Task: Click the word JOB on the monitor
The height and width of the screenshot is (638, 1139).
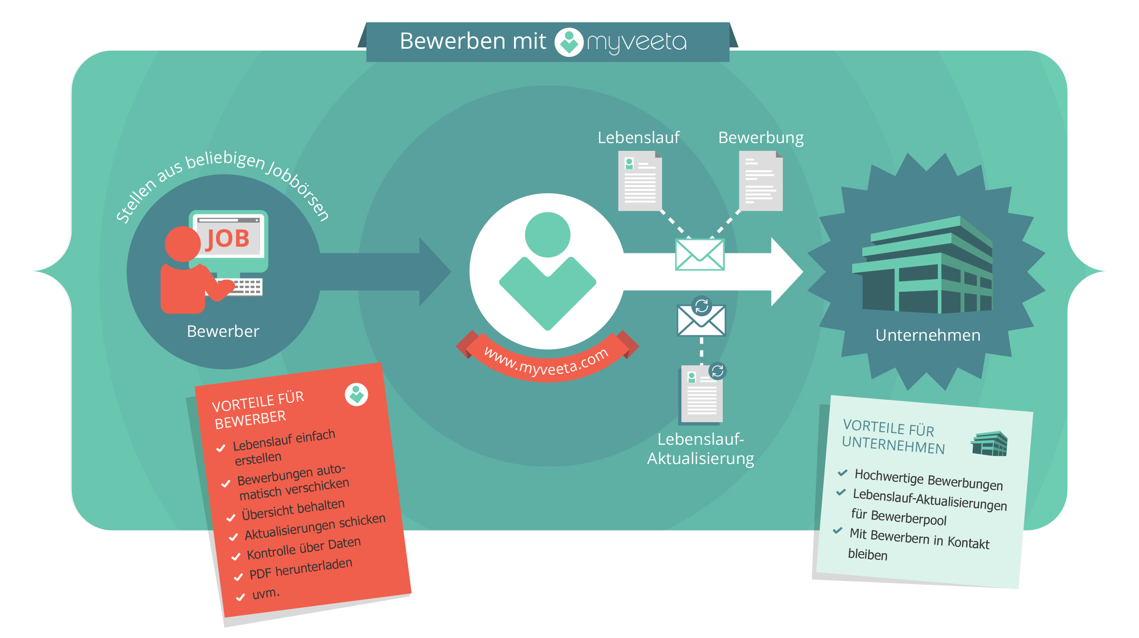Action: coord(228,239)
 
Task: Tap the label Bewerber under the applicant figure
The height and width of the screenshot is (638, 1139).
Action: coord(223,332)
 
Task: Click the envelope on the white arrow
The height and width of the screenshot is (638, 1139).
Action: coord(699,255)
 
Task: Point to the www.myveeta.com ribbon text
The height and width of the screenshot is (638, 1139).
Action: coord(546,362)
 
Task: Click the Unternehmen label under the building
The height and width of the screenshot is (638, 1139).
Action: coord(927,335)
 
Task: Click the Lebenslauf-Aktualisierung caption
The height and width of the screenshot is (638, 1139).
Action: coord(700,449)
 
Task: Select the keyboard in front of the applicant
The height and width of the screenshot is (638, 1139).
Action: coord(246,287)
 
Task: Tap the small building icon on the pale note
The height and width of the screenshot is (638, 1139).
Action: coord(989,444)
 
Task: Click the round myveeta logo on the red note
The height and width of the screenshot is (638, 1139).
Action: coord(356,395)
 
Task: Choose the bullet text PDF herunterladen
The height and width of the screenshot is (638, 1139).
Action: coord(300,569)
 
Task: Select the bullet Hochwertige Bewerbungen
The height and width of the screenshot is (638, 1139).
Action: coord(928,479)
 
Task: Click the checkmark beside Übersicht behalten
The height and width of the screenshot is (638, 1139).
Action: coord(231,518)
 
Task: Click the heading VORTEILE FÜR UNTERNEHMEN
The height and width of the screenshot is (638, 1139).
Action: coord(893,437)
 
